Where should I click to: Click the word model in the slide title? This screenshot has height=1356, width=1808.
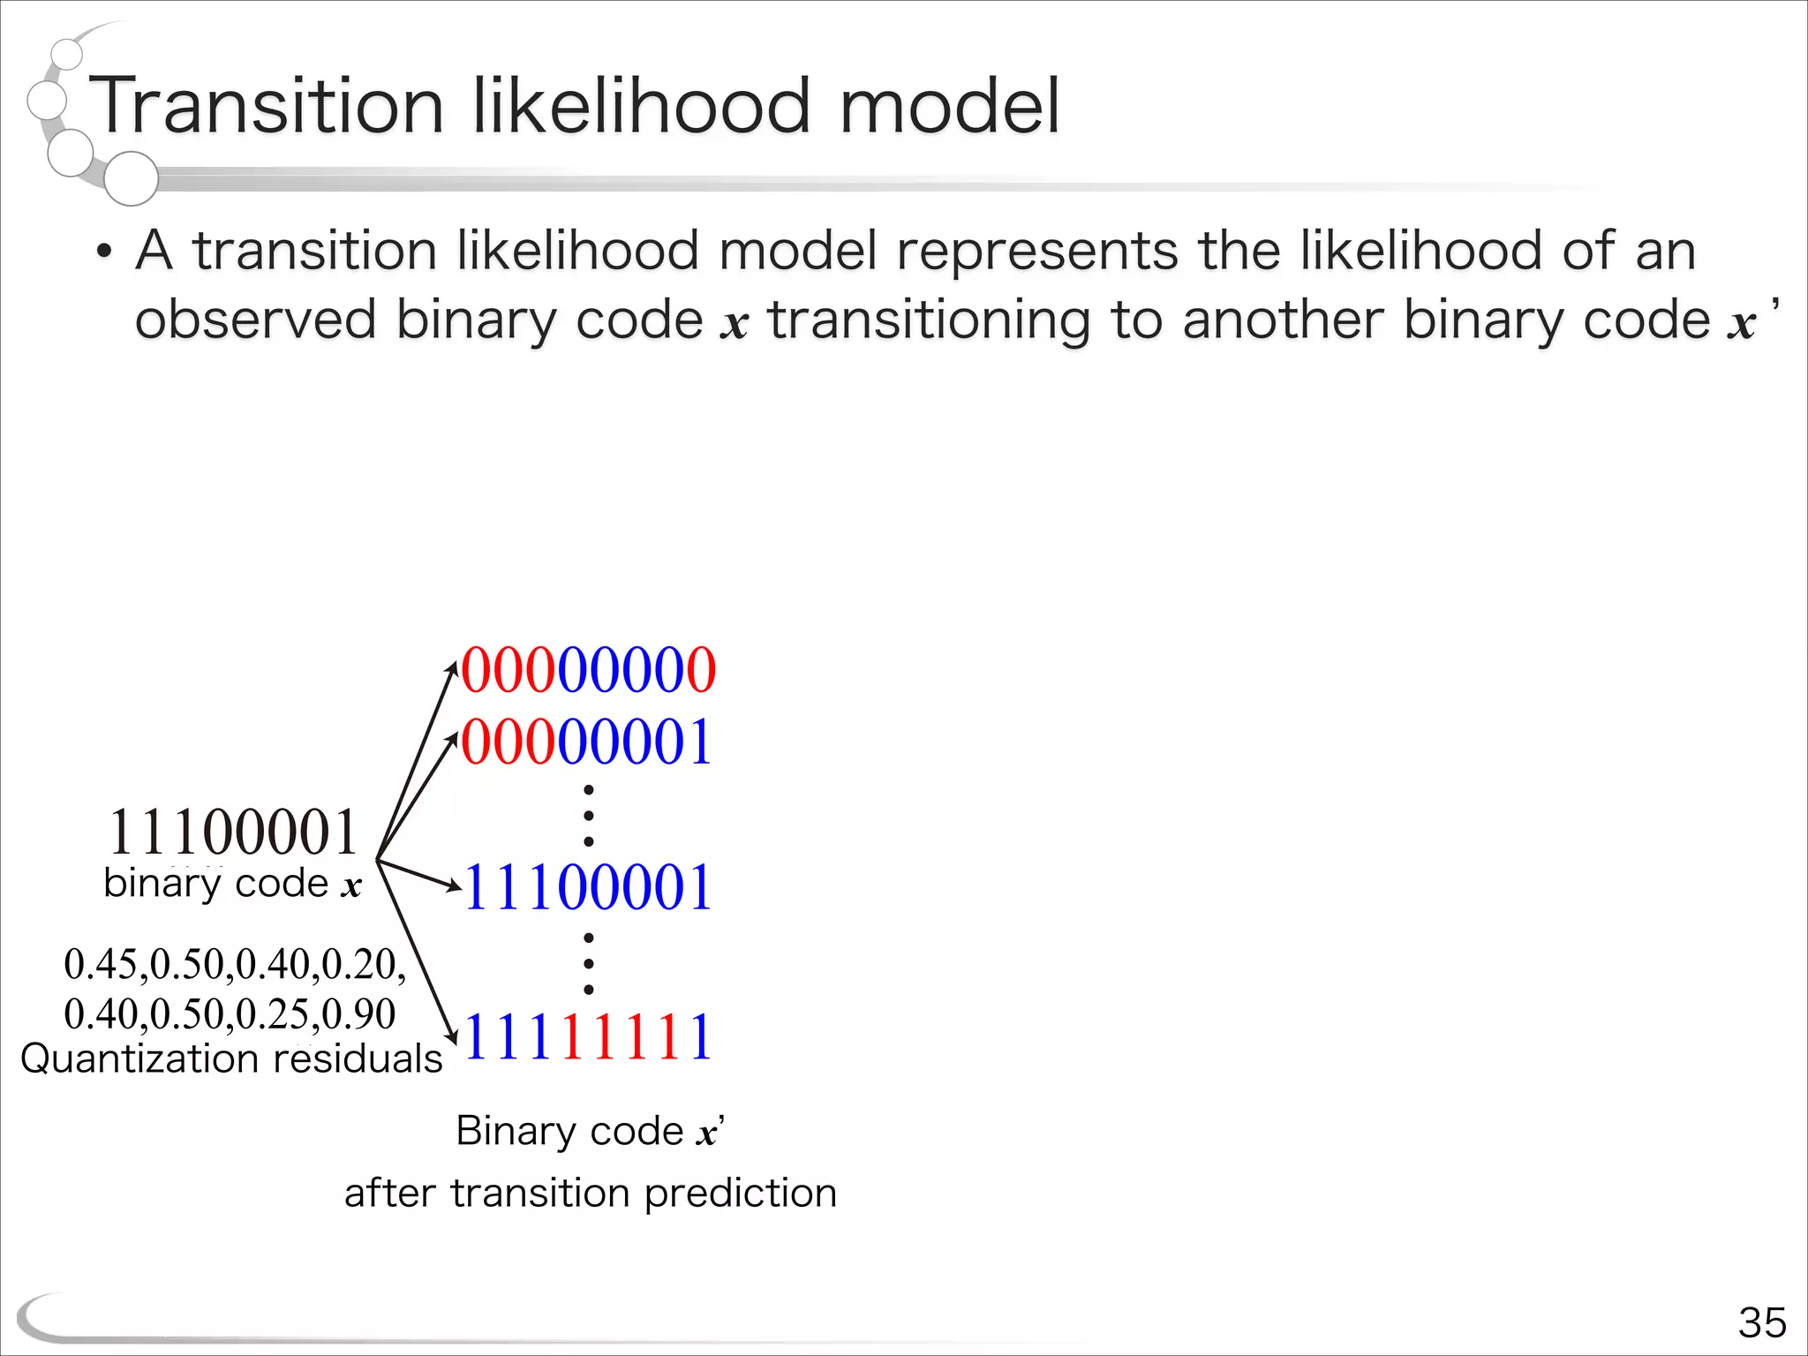point(949,107)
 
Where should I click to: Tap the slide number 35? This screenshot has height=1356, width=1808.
point(1762,1322)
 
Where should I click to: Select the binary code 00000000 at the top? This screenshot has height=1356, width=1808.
point(588,670)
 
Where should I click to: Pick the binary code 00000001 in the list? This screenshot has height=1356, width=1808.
point(586,742)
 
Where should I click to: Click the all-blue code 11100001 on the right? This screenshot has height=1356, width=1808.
point(588,887)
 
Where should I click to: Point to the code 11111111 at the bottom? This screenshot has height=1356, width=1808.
point(588,1036)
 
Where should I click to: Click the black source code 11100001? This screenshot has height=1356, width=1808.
point(233,832)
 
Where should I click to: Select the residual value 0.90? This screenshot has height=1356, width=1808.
point(359,1014)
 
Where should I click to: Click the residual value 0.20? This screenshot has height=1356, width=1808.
point(359,964)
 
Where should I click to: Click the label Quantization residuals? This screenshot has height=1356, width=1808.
point(231,1058)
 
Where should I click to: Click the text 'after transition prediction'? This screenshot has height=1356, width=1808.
point(590,1194)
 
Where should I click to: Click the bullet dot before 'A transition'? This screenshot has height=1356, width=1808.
point(104,252)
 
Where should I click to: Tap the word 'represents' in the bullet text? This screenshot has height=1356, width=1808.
point(1037,252)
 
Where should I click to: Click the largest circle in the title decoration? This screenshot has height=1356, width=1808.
point(131,178)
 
